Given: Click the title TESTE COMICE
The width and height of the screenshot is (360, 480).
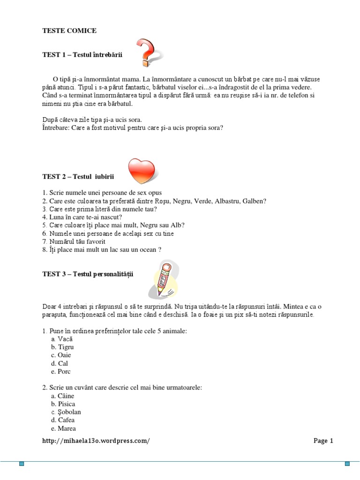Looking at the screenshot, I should (x=69, y=30).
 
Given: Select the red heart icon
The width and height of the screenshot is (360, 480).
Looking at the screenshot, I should (x=141, y=171).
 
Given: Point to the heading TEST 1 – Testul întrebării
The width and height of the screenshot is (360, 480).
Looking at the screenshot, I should (x=82, y=55).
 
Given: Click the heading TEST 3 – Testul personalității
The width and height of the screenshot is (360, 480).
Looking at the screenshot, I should (x=88, y=274).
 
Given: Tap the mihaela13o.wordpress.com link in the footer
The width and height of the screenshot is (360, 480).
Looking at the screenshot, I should (x=96, y=441).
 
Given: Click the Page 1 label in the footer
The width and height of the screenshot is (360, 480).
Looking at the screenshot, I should (x=323, y=441).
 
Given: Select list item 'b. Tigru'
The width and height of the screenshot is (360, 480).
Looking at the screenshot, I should (x=63, y=347).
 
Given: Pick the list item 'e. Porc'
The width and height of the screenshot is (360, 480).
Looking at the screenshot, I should (x=61, y=372).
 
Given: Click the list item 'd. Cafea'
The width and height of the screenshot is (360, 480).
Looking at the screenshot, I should (x=63, y=420).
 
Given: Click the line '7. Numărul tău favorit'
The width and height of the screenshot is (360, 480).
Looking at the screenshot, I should (x=74, y=241).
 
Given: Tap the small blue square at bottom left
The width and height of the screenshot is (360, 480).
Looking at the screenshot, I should (x=22, y=464).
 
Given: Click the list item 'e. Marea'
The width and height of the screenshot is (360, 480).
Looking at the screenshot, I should (x=64, y=428).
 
